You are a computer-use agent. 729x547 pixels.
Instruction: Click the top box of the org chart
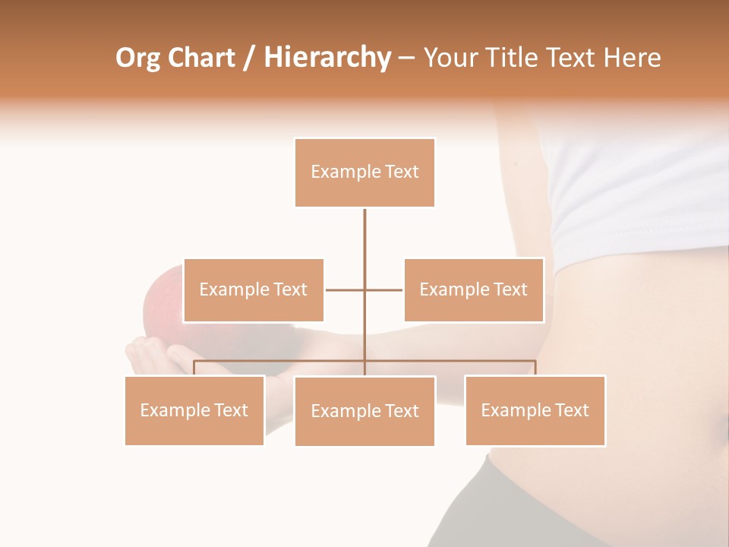(x=364, y=172)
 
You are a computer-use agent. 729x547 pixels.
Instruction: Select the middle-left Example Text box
(x=254, y=289)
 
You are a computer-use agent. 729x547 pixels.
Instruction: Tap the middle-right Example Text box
(x=474, y=289)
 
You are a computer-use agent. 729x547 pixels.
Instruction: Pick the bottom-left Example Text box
(x=194, y=410)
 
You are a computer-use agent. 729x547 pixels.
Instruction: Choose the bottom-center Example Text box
(x=364, y=411)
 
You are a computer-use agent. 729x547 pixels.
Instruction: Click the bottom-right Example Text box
(x=535, y=410)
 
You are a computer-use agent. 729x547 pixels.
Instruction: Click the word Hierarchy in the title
(x=327, y=58)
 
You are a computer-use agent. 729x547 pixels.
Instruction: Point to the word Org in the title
(x=137, y=58)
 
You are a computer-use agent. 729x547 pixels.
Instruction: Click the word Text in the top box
(x=402, y=172)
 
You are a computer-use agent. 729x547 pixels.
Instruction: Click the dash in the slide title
(x=406, y=58)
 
